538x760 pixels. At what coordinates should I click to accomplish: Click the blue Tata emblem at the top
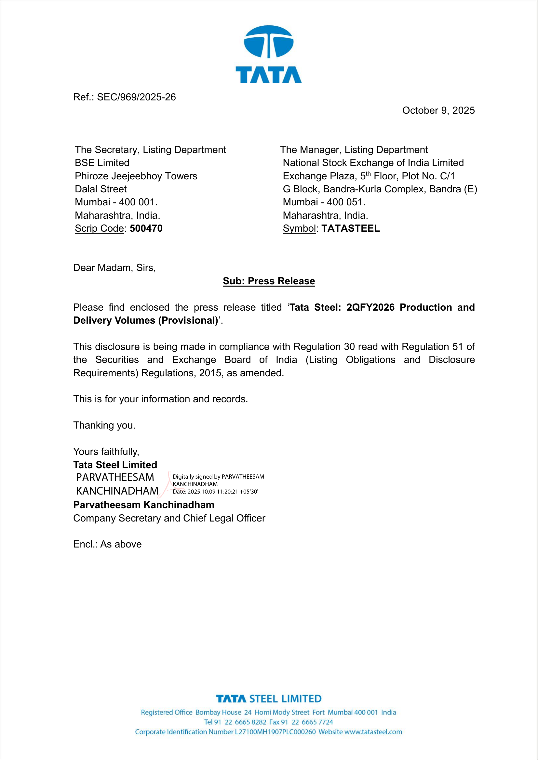(268, 42)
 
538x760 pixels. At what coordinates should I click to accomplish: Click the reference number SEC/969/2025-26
(136, 97)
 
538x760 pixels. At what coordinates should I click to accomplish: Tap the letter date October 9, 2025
(438, 110)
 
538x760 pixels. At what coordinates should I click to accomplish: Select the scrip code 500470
(146, 228)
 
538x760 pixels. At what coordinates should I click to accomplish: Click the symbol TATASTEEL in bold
(351, 228)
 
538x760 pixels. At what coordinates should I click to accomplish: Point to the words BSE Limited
(102, 163)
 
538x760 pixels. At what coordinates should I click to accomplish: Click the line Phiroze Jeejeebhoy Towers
(136, 176)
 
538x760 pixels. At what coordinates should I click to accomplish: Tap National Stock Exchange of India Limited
(373, 163)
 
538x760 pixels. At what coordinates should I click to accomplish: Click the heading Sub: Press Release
(269, 281)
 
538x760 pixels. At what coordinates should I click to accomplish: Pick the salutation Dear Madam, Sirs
(114, 268)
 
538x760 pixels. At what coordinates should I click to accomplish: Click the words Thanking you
(104, 425)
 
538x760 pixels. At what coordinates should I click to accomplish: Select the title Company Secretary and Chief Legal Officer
(169, 518)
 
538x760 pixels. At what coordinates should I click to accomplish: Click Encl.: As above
(107, 545)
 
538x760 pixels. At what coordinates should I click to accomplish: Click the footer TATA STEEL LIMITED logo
(269, 699)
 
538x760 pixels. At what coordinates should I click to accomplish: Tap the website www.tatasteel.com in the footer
(373, 732)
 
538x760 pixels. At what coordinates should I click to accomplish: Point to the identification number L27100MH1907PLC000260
(275, 732)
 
